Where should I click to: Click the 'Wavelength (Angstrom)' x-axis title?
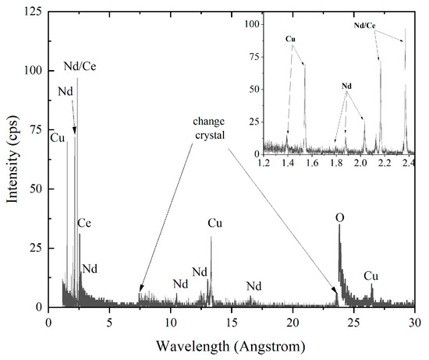(x=231, y=344)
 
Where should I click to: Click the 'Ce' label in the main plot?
(x=87, y=224)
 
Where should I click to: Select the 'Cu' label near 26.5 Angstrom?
(x=371, y=276)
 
